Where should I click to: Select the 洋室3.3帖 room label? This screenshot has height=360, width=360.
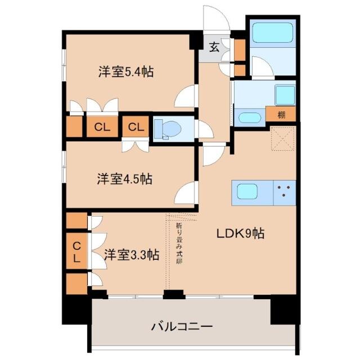click(x=130, y=255)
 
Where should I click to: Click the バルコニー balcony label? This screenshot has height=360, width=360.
click(x=182, y=326)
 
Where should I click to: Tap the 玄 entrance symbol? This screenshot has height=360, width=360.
click(x=214, y=47)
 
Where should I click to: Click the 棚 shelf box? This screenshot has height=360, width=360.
click(x=281, y=115)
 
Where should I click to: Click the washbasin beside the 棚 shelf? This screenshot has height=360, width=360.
click(x=249, y=118)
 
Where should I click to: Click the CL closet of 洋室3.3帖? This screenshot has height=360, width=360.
click(x=76, y=252)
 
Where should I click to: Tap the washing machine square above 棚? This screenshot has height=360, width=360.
click(x=284, y=93)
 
